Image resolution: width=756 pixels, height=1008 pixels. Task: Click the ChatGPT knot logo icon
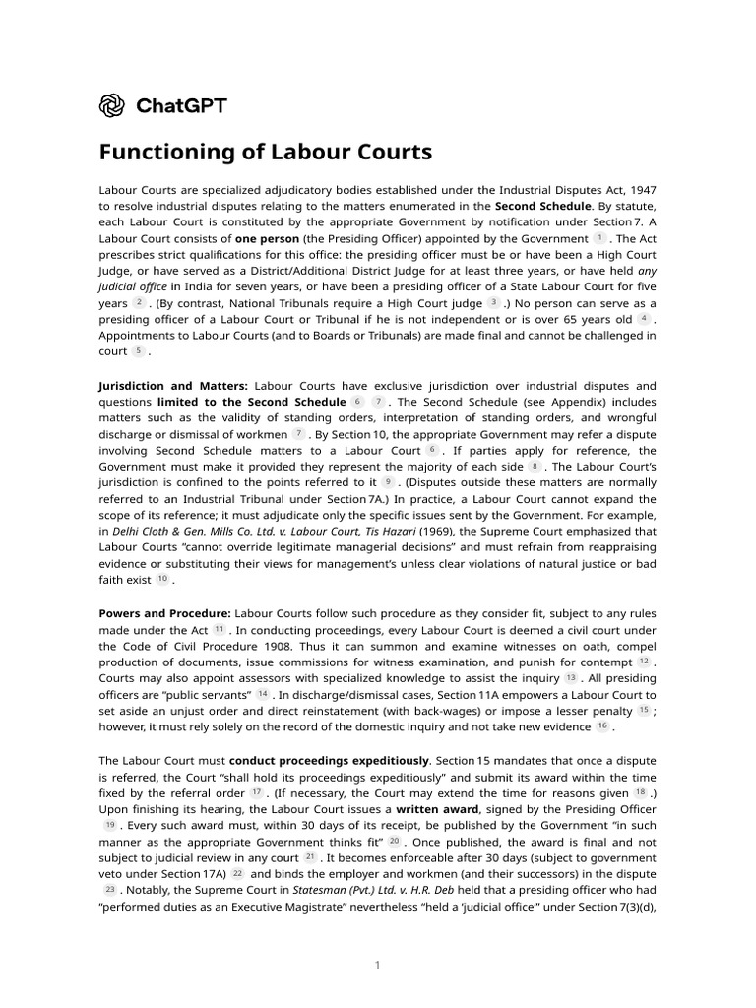(x=112, y=104)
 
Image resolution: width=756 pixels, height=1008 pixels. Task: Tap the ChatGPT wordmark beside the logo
(x=180, y=105)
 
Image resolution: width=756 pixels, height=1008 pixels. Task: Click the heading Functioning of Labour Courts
(x=266, y=153)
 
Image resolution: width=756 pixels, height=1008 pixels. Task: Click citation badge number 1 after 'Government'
(x=599, y=238)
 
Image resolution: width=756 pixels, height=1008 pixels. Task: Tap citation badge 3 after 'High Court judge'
(x=494, y=302)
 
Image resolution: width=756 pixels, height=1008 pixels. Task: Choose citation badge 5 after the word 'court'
(x=139, y=350)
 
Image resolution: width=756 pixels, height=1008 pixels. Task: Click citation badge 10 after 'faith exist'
(x=162, y=579)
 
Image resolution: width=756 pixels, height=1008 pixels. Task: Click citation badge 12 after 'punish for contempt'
(x=643, y=661)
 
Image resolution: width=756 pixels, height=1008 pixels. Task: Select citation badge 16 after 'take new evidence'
(x=601, y=725)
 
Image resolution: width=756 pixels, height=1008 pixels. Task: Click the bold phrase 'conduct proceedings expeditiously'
(x=329, y=760)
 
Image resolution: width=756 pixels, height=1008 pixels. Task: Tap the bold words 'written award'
(x=437, y=808)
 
